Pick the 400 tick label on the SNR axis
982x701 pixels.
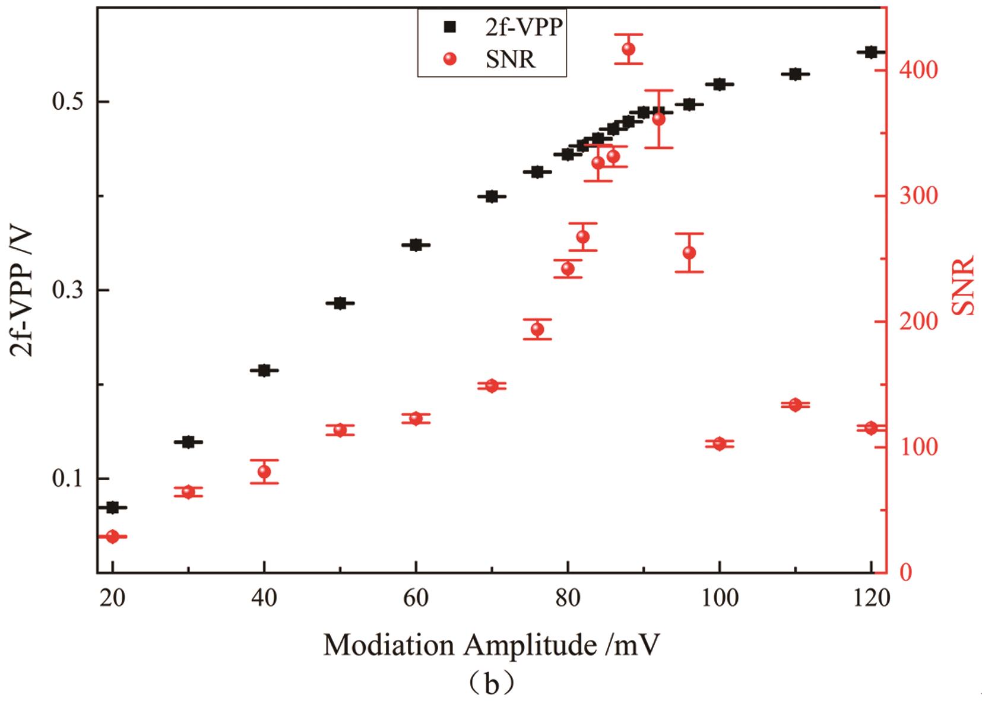click(x=918, y=71)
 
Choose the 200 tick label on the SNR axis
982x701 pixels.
click(x=918, y=322)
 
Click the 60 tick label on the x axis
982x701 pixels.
click(x=416, y=598)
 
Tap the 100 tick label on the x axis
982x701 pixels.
click(x=719, y=598)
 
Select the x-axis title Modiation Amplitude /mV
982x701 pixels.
click(x=491, y=645)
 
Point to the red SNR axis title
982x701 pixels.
click(x=963, y=285)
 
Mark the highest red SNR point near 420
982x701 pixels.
click(x=629, y=49)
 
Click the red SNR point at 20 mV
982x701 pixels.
click(x=113, y=537)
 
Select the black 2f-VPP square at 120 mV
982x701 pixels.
click(x=871, y=52)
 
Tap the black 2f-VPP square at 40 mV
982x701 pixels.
click(x=264, y=370)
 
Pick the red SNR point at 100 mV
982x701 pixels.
click(x=719, y=444)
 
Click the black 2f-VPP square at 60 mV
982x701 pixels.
click(x=416, y=245)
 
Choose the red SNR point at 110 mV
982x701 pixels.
click(x=795, y=405)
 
